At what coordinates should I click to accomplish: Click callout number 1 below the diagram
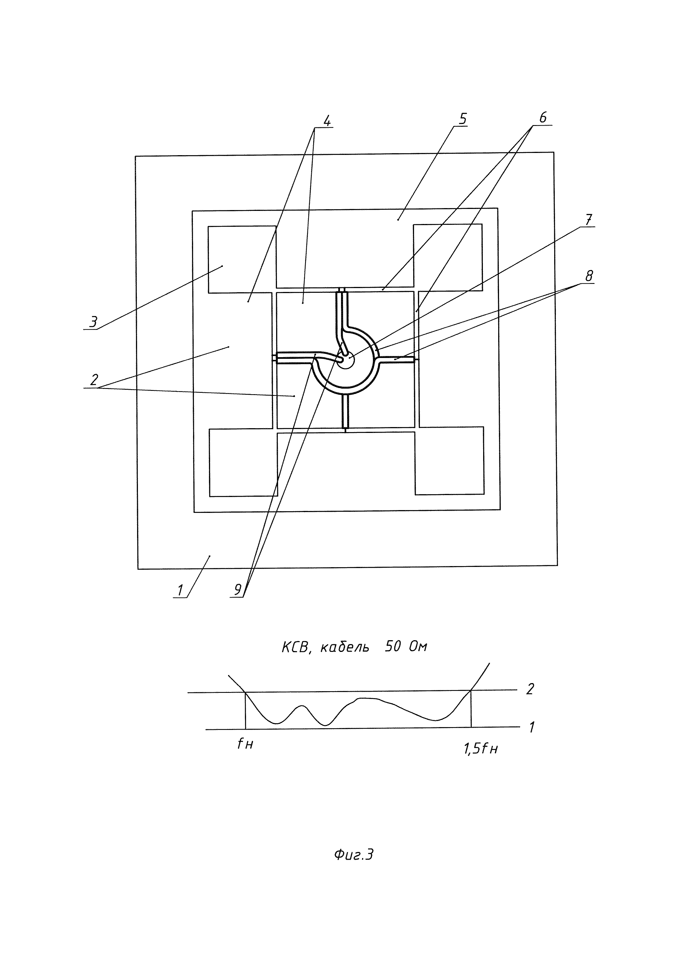click(x=180, y=590)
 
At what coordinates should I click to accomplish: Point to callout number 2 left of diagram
click(x=94, y=379)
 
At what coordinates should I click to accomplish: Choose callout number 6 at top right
click(x=543, y=117)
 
